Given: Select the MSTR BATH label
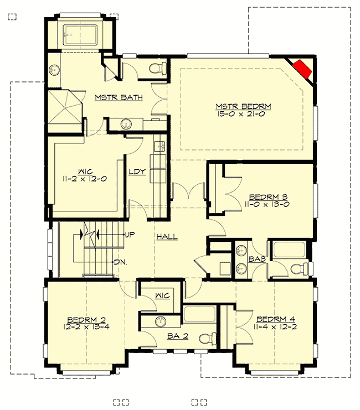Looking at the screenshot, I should click(119, 98).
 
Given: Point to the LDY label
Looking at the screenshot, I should click(137, 172).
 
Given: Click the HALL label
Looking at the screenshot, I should click(167, 237).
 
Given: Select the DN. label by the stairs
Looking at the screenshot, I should click(121, 262).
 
